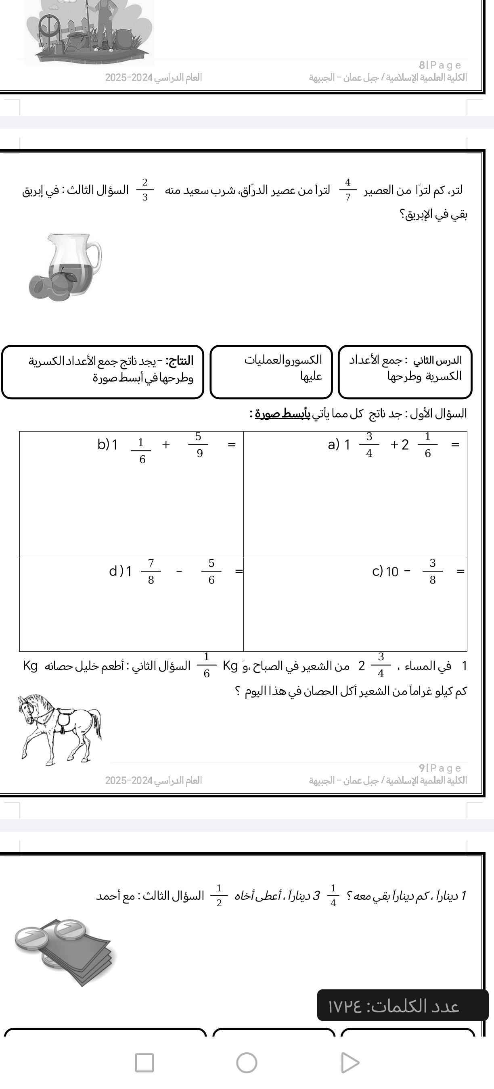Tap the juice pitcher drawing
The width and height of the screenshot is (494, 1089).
click(66, 267)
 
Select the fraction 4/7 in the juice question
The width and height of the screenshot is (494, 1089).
click(347, 190)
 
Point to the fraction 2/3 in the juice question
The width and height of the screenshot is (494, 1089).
click(144, 190)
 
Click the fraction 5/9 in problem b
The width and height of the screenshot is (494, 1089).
click(198, 445)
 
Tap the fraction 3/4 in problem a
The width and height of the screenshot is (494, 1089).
click(369, 445)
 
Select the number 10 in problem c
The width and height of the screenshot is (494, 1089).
click(392, 572)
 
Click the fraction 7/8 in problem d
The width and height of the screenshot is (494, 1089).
click(151, 572)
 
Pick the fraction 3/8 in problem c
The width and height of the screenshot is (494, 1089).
click(432, 572)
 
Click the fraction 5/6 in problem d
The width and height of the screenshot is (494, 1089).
click(211, 572)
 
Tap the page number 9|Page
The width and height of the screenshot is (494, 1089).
click(440, 768)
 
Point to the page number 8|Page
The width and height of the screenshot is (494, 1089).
click(440, 65)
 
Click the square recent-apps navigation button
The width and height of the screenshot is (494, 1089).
click(144, 1062)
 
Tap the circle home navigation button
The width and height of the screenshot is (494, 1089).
click(247, 1062)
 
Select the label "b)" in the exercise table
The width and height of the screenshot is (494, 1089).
click(103, 444)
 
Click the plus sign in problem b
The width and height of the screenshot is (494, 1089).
click(166, 444)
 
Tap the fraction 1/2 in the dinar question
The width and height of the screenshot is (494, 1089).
click(219, 895)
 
